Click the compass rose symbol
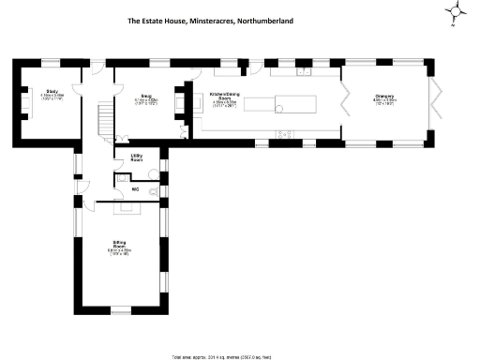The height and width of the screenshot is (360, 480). [457, 12]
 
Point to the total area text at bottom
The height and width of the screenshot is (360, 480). [239, 356]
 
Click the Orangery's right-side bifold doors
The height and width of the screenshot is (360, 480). [435, 102]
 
